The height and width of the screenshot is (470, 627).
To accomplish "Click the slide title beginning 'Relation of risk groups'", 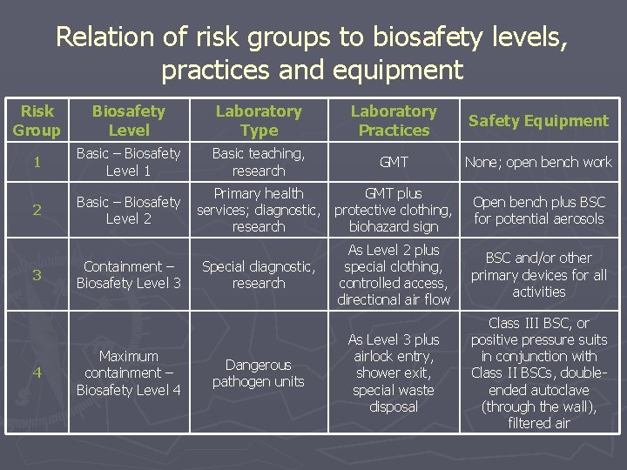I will pyautogui.click(x=313, y=52).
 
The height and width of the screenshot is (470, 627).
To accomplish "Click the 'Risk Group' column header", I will pyautogui.click(x=37, y=121).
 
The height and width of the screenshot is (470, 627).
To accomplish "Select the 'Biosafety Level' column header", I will pyautogui.click(x=128, y=121).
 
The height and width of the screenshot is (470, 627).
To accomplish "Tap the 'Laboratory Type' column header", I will pyautogui.click(x=259, y=121).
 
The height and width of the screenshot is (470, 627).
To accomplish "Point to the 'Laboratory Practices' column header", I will pyautogui.click(x=394, y=121).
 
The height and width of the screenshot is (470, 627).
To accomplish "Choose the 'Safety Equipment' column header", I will pyautogui.click(x=538, y=121).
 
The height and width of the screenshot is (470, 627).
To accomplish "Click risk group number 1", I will pyautogui.click(x=37, y=162).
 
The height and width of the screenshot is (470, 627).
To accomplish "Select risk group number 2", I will pyautogui.click(x=37, y=210).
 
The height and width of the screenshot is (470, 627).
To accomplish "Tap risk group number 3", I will pyautogui.click(x=37, y=275).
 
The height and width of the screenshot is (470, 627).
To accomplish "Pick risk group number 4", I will pyautogui.click(x=37, y=373).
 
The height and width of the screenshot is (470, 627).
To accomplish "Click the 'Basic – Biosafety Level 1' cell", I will pyautogui.click(x=128, y=162).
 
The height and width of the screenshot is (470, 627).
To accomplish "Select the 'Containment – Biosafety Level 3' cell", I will pyautogui.click(x=128, y=275).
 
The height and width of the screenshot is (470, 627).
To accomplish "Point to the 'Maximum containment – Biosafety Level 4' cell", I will pyautogui.click(x=128, y=373).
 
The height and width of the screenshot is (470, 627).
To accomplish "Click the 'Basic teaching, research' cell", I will pyautogui.click(x=259, y=162).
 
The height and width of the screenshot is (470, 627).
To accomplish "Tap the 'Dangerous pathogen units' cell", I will pyautogui.click(x=259, y=373).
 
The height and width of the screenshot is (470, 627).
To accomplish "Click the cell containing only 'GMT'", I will pyautogui.click(x=394, y=162).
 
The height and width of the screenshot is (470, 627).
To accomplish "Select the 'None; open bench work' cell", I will pyautogui.click(x=538, y=162).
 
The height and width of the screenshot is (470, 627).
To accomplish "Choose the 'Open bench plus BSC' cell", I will pyautogui.click(x=538, y=210).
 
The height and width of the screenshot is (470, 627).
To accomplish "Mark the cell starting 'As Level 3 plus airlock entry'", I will pyautogui.click(x=394, y=373).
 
